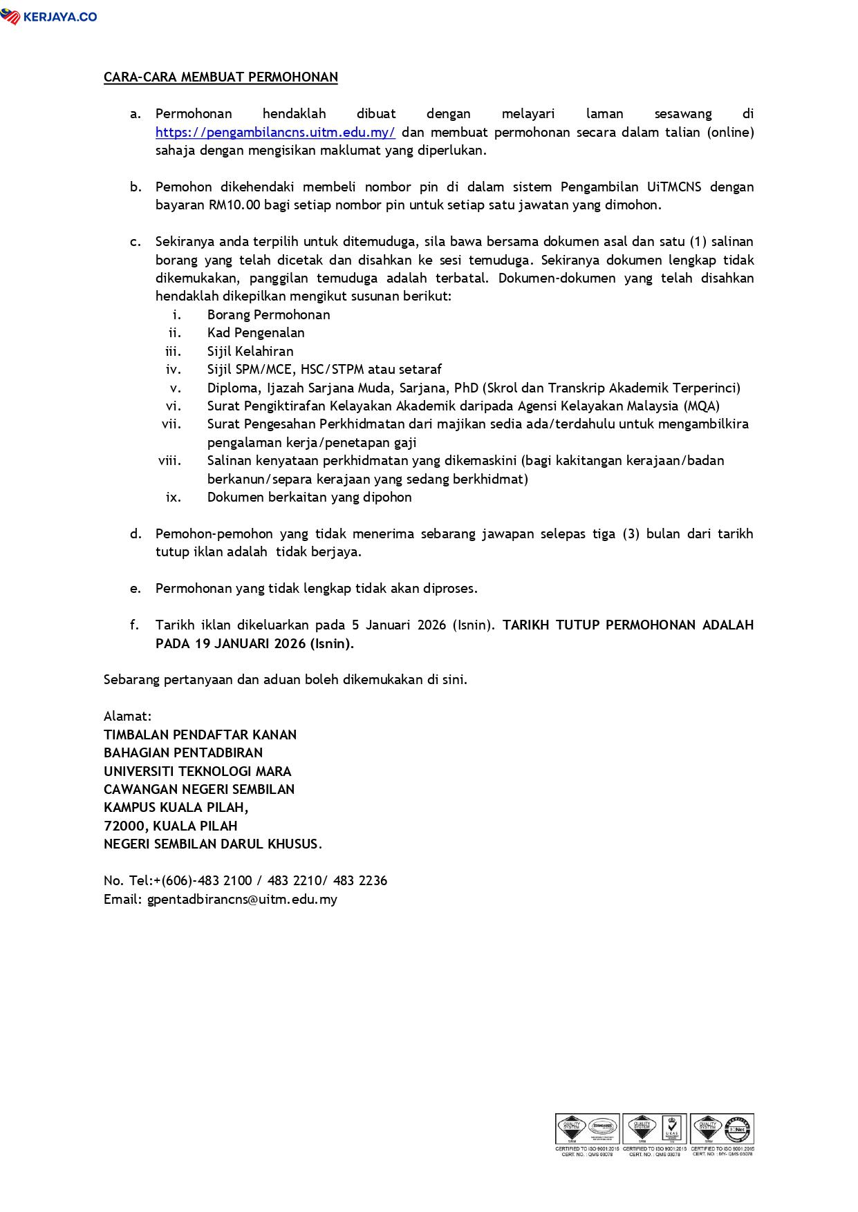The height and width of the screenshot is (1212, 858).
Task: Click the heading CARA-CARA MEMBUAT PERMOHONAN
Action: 221,77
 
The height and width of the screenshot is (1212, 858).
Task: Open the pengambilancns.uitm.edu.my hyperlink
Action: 275,132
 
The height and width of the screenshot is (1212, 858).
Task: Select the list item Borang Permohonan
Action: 268,315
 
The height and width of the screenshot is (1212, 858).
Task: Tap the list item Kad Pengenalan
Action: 256,333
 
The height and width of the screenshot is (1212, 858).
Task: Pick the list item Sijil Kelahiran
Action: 250,352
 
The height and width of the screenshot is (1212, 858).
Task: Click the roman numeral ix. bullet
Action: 174,498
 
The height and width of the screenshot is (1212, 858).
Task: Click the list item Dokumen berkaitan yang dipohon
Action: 309,498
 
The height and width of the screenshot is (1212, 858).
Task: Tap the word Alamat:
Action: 127,717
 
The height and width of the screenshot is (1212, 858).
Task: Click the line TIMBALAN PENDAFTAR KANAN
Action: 200,735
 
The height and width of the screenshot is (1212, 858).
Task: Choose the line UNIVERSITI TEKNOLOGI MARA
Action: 197,771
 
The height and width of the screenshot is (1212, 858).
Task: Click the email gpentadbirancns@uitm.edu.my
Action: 242,900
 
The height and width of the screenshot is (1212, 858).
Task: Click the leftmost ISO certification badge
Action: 586,1134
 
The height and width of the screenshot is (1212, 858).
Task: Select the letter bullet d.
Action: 136,534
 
